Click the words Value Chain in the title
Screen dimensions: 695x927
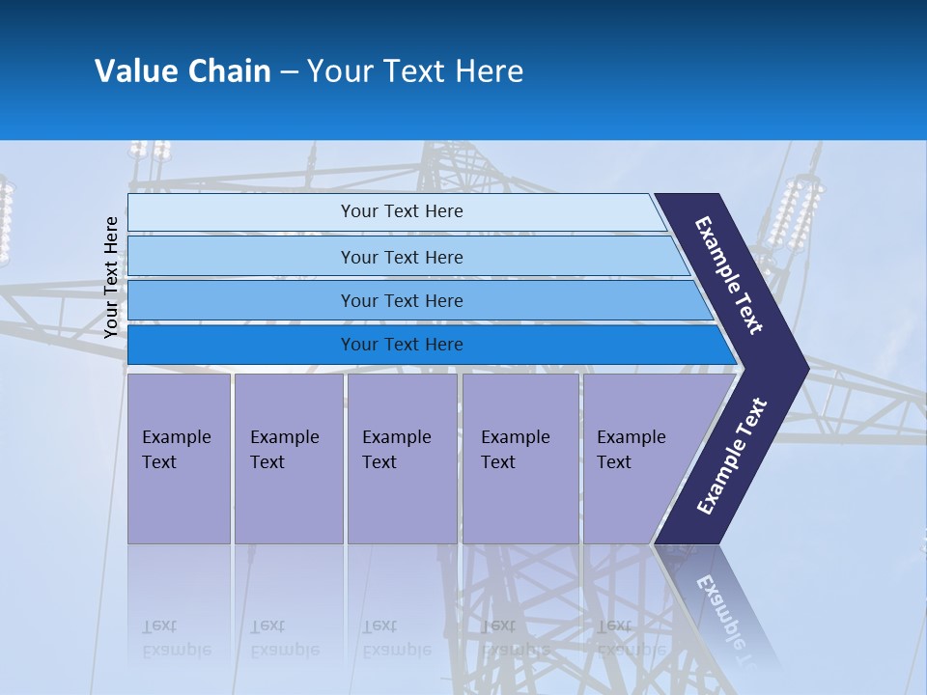(x=183, y=71)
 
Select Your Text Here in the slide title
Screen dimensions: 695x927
(x=415, y=71)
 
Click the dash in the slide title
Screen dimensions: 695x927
(x=289, y=72)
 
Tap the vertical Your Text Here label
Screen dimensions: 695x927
(x=111, y=277)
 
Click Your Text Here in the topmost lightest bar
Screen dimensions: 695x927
(x=402, y=211)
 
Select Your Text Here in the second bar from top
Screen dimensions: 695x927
(x=402, y=258)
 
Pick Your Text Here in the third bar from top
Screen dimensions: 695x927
(x=402, y=301)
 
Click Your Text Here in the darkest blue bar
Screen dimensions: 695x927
(x=402, y=345)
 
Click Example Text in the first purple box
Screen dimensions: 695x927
(x=176, y=450)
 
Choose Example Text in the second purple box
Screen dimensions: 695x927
(x=284, y=450)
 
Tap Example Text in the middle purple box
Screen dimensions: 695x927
(x=396, y=450)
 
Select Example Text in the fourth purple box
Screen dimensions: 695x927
(x=515, y=450)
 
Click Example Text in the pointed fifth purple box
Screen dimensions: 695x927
(x=631, y=450)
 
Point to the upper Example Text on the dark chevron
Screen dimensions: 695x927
(x=729, y=275)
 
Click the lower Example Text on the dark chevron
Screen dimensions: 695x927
(x=731, y=457)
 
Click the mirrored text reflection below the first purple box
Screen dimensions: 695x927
(x=176, y=638)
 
